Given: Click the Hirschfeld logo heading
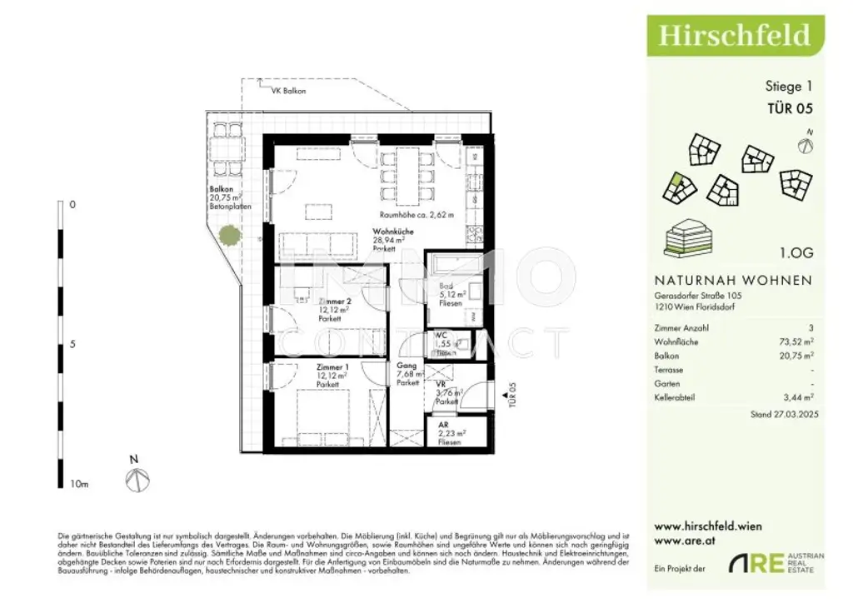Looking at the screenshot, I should tap(734, 34).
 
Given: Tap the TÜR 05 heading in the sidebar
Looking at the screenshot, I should tap(789, 107).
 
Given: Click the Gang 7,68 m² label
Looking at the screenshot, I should tap(407, 374).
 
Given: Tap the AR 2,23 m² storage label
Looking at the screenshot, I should tap(451, 434).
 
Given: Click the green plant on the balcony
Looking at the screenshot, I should tap(225, 236).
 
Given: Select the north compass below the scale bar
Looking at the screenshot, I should tap(137, 478).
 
